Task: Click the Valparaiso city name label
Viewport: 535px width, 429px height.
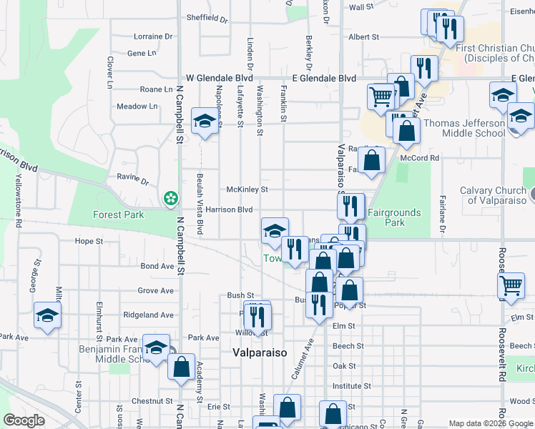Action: point(260,352)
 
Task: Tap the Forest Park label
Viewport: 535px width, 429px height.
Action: point(118,214)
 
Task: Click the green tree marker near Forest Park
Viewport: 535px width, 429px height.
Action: point(170,197)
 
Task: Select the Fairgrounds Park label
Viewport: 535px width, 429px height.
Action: point(395,217)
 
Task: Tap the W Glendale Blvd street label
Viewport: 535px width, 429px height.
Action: point(220,78)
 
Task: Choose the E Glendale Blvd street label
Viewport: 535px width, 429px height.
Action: point(324,78)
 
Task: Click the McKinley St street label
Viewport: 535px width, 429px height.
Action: point(247,189)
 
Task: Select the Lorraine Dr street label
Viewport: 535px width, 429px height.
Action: point(153,36)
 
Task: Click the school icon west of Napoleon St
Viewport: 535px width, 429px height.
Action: point(205,122)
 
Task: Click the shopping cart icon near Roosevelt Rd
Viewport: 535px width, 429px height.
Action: point(511,285)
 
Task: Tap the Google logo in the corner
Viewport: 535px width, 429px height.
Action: point(24,421)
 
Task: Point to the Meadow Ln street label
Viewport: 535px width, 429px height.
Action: point(137,107)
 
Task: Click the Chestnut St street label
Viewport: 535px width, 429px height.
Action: point(149,402)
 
